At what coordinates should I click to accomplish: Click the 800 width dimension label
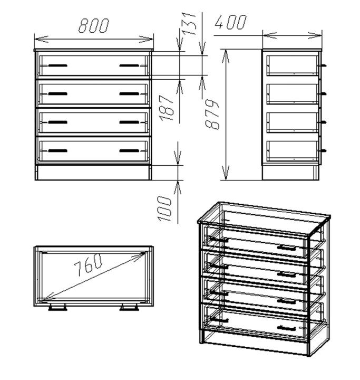pos(94,26)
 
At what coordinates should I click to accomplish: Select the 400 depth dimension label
pos(231,22)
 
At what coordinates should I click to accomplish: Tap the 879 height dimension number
pos(212,114)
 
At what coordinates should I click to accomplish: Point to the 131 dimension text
pos(189,24)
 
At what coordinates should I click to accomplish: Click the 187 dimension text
pos(167,108)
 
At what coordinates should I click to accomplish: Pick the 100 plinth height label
pos(164,209)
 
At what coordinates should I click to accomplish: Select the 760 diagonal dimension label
pos(88,264)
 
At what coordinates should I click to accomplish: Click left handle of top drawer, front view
pos(57,65)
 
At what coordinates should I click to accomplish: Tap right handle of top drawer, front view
pos(129,65)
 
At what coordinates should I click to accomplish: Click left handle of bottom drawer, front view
pos(57,151)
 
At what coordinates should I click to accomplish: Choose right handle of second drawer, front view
pos(129,94)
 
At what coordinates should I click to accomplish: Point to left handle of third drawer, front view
pos(57,122)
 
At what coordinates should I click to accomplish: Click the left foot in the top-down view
pos(57,308)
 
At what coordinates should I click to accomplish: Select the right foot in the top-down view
pos(129,308)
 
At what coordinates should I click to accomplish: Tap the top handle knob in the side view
pos(324,65)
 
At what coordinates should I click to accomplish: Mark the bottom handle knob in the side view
pos(324,151)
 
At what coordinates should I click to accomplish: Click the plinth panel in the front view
pos(93,173)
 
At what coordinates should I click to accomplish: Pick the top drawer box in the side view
pos(293,65)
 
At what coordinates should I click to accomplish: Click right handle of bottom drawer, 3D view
pos(287,328)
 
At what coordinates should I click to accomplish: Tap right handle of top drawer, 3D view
pos(287,248)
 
